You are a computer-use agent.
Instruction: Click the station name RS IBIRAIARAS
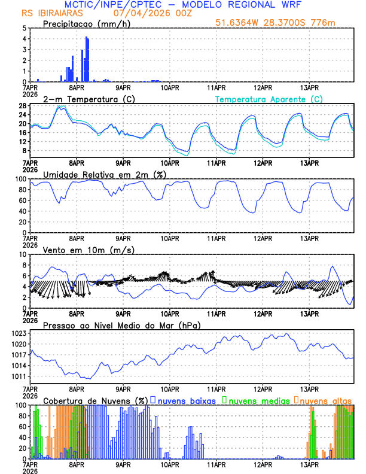pos(46,13)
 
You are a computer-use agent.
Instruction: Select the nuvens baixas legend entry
pos(184,400)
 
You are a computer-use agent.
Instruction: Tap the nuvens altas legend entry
pos(324,400)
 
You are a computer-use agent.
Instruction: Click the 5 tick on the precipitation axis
pos(24,28)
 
